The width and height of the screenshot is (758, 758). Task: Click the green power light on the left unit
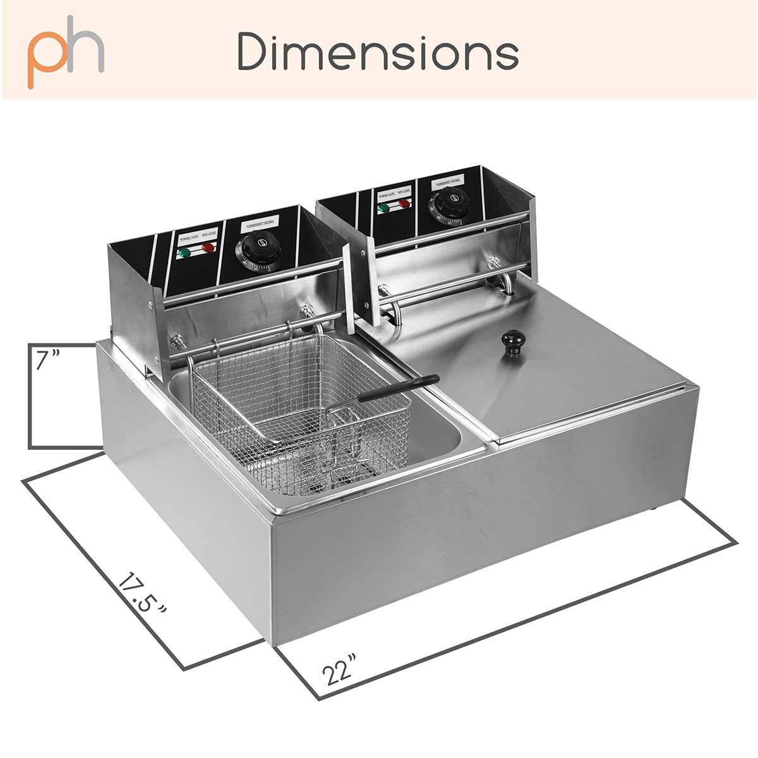(184, 254)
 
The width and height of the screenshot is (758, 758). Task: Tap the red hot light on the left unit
(208, 248)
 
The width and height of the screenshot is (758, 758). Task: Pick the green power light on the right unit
(383, 207)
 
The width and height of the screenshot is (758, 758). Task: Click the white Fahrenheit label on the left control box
(260, 226)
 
